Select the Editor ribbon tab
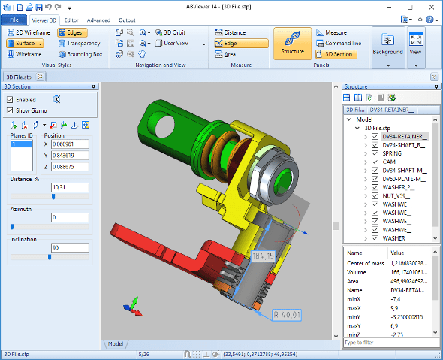coord(71,20)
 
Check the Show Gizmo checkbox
coord(10,110)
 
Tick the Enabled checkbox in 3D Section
coord(10,99)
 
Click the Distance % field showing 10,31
coord(70,186)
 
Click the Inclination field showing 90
coord(70,247)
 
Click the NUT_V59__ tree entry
coord(399,195)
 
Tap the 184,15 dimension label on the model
coord(263,257)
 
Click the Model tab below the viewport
coord(115,343)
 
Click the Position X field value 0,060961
coord(70,144)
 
